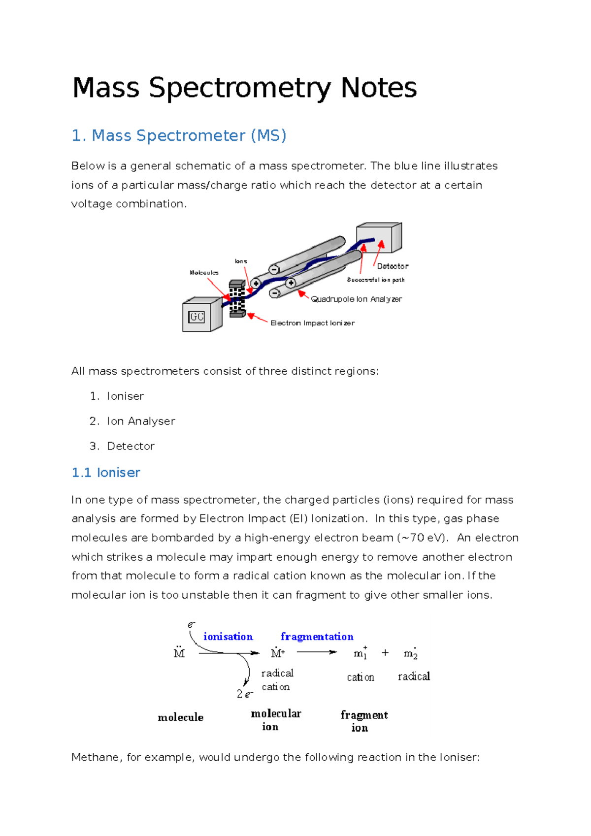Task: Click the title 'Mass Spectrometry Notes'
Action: (244, 88)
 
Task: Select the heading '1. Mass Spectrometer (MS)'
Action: (179, 135)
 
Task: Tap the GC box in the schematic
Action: (197, 317)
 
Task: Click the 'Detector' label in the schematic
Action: (393, 266)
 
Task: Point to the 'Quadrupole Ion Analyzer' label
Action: (356, 299)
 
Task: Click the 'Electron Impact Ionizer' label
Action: (312, 323)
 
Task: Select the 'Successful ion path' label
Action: (375, 280)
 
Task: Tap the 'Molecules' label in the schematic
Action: (204, 273)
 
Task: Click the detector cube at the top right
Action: (379, 238)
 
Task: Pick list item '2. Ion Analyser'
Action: (132, 421)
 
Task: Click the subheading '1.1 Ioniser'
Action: (106, 473)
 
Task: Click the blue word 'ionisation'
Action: (228, 637)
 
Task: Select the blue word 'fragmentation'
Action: (317, 637)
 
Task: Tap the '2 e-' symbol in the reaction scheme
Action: (245, 694)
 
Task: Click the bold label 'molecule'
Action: (180, 717)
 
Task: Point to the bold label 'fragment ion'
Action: (363, 721)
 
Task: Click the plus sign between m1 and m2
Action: (385, 653)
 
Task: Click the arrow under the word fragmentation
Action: (317, 652)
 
